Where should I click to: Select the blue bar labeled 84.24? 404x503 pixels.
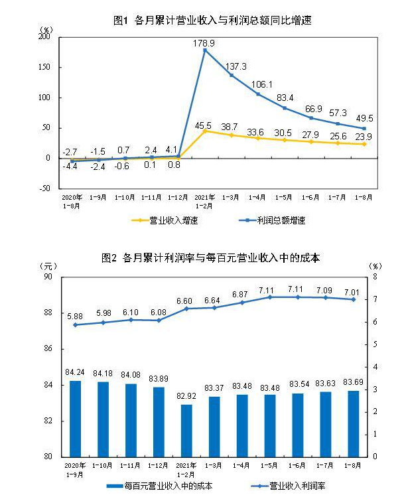coord(76,418)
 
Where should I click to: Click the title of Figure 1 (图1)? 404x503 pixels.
coord(212,21)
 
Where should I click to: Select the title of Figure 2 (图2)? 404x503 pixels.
coord(211,257)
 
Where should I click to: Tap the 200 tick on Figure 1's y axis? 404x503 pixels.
coord(45,37)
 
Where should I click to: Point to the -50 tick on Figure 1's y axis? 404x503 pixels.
coord(45,188)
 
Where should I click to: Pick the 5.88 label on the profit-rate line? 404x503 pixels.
coord(76,316)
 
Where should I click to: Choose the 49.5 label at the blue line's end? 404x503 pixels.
coord(364,117)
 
